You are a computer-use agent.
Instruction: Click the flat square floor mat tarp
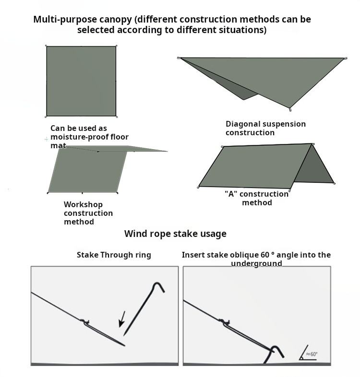click(x=81, y=81)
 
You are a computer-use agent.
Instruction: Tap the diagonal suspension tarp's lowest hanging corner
click(x=289, y=107)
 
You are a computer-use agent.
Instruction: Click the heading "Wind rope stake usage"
click(x=175, y=234)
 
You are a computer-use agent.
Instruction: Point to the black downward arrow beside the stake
click(x=122, y=319)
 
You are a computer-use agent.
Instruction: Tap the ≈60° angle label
click(x=312, y=355)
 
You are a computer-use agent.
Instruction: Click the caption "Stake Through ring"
click(x=114, y=255)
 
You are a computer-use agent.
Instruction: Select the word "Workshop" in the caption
click(x=83, y=205)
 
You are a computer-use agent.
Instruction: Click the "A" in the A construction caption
click(x=229, y=194)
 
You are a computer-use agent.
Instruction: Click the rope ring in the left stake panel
click(x=85, y=321)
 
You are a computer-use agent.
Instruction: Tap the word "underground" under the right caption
click(x=256, y=263)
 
